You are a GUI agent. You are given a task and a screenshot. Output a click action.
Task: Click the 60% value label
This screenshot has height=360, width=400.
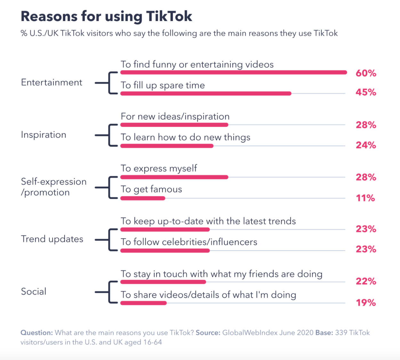pyautogui.click(x=366, y=73)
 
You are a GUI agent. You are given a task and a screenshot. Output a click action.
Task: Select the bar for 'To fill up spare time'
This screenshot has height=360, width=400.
pyautogui.click(x=206, y=93)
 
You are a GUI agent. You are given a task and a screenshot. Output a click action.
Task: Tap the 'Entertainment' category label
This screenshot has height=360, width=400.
pyautogui.click(x=52, y=82)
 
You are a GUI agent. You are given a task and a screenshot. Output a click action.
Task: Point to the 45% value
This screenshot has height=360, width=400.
pyautogui.click(x=366, y=92)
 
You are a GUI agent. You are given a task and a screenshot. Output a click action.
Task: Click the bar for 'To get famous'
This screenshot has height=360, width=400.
pyautogui.click(x=143, y=198)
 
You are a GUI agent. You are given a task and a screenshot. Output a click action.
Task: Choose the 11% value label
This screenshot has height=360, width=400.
pyautogui.click(x=365, y=198)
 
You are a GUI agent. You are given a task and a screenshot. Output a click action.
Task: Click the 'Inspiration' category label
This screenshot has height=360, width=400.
pyautogui.click(x=44, y=135)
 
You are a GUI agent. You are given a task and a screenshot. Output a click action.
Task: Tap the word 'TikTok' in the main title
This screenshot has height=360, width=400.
pyautogui.click(x=169, y=16)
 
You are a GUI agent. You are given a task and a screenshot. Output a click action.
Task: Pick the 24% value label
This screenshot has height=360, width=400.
pyautogui.click(x=366, y=145)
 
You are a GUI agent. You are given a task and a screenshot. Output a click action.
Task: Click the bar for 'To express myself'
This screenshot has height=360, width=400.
pyautogui.click(x=174, y=177)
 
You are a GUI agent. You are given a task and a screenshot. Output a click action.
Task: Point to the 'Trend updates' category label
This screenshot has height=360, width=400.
pyautogui.click(x=52, y=239)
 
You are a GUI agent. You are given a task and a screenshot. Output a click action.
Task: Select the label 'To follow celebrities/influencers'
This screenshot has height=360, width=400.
pyautogui.click(x=189, y=242)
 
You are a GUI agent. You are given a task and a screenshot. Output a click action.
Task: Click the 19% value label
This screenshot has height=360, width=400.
pyautogui.click(x=366, y=303)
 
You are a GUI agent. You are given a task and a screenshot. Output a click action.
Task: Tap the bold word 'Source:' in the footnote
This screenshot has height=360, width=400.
pyautogui.click(x=208, y=333)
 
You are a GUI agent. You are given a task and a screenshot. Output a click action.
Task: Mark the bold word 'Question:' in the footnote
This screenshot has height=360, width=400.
pyautogui.click(x=36, y=333)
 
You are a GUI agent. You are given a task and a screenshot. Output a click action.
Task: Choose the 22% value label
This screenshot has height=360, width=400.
pyautogui.click(x=366, y=281)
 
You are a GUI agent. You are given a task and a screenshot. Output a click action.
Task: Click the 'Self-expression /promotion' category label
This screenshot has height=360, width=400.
pyautogui.click(x=53, y=187)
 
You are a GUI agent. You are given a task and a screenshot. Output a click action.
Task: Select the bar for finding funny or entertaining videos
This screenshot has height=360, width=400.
pyautogui.click(x=234, y=73)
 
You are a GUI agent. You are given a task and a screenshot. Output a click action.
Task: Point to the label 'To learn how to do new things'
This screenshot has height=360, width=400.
pyautogui.click(x=185, y=137)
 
